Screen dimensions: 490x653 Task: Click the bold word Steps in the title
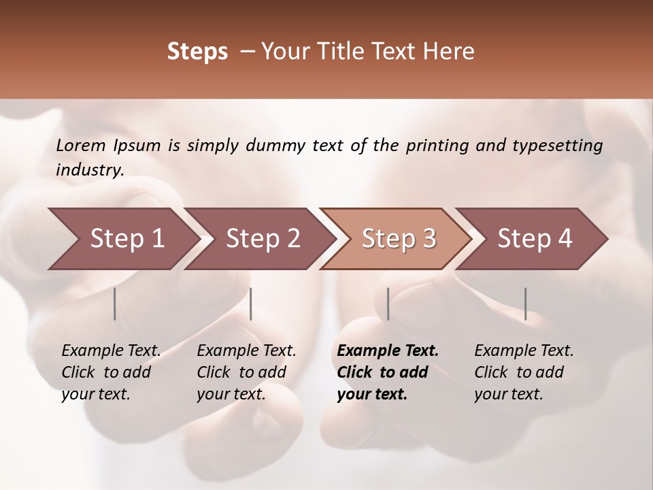pos(197,52)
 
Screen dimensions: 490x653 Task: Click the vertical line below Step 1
pos(115,304)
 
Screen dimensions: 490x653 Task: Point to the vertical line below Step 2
pos(251,304)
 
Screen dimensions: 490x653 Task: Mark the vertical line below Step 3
pos(388,304)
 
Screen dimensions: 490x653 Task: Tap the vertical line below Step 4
pos(525,304)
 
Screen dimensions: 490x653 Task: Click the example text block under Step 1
pos(111,372)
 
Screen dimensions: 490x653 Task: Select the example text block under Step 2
pos(246,372)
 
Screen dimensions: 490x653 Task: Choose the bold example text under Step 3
pos(388,372)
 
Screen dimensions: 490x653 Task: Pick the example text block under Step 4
pos(524,372)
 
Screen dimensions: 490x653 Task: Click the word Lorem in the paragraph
pos(81,146)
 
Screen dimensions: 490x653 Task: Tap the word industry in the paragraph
pos(89,170)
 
